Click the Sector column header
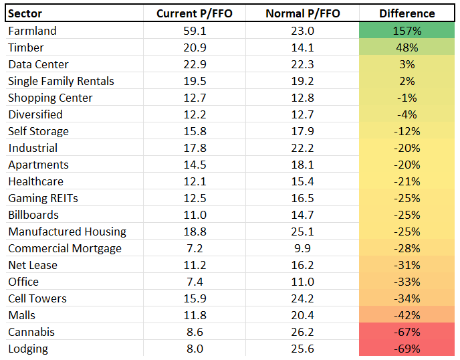pyautogui.click(x=25, y=13)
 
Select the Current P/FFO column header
pyautogui.click(x=194, y=13)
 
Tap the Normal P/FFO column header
pyautogui.click(x=302, y=13)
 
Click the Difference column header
pyautogui.click(x=407, y=13)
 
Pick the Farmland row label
pyautogui.click(x=32, y=31)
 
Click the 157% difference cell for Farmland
pyautogui.click(x=407, y=31)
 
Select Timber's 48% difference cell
pyautogui.click(x=407, y=48)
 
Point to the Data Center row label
pyautogui.click(x=38, y=64)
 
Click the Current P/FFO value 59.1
pyautogui.click(x=194, y=31)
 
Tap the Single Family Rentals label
pyautogui.click(x=61, y=81)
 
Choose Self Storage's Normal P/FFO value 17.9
pyautogui.click(x=302, y=131)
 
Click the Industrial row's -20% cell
pyautogui.click(x=407, y=148)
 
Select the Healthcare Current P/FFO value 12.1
pyautogui.click(x=194, y=181)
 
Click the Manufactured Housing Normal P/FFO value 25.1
pyautogui.click(x=302, y=232)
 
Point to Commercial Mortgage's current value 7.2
pyautogui.click(x=194, y=248)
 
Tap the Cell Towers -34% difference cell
pyautogui.click(x=407, y=298)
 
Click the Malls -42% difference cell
pyautogui.click(x=407, y=315)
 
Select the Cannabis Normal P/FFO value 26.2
pyautogui.click(x=302, y=332)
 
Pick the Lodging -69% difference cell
pyautogui.click(x=407, y=349)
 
